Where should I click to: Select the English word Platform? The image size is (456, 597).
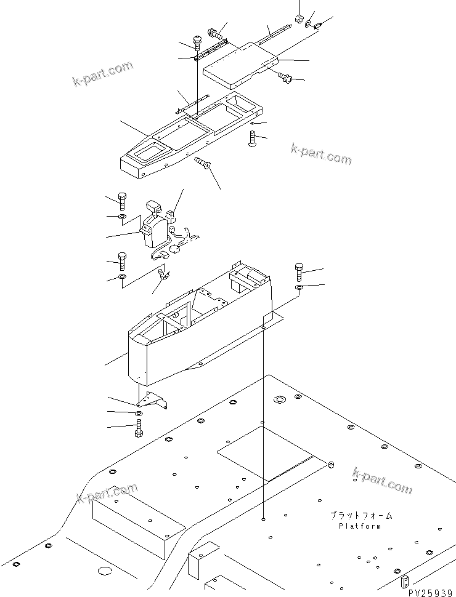coord(359,526)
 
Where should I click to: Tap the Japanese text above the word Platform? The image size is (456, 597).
coord(360,515)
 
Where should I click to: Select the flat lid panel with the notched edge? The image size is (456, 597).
coord(240,62)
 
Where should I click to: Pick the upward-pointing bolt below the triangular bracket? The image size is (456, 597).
coord(138,428)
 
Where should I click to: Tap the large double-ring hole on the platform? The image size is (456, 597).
coord(279,401)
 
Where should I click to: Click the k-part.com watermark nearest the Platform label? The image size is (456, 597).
coord(382,479)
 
